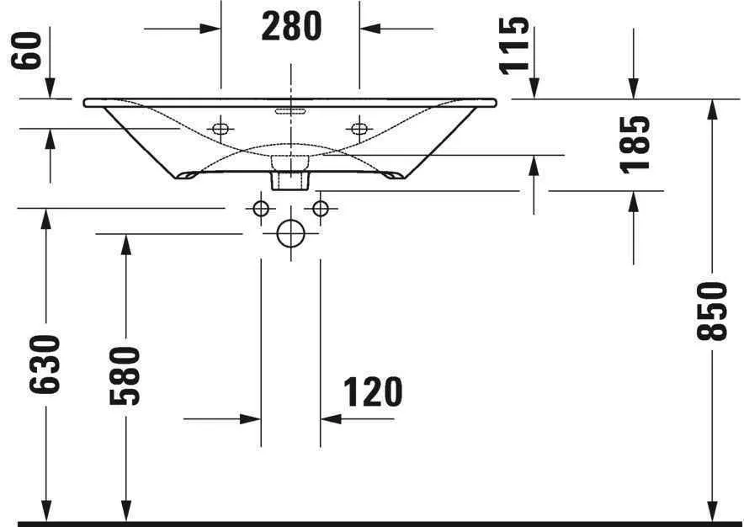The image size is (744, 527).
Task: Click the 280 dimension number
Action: pyautogui.click(x=291, y=27)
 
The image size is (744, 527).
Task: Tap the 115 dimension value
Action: pyautogui.click(x=516, y=46)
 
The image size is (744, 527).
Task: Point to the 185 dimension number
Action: pyautogui.click(x=637, y=143)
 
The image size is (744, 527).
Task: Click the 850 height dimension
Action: pyautogui.click(x=713, y=311)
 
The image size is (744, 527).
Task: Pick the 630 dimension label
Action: pyautogui.click(x=46, y=364)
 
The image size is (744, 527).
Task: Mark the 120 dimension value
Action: pyautogui.click(x=373, y=391)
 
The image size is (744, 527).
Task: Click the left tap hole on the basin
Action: pyautogui.click(x=221, y=129)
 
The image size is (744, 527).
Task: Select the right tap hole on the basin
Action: pyautogui.click(x=359, y=129)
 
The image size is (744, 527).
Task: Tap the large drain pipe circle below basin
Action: pyautogui.click(x=290, y=233)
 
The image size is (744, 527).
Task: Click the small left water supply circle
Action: pyautogui.click(x=261, y=207)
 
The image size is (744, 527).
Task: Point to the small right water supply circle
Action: pyautogui.click(x=320, y=207)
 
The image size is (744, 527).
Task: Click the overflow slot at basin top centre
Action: pyautogui.click(x=290, y=109)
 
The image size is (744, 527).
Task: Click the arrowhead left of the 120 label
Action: pyautogui.click(x=251, y=418)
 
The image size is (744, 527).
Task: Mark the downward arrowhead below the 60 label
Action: pyautogui.click(x=50, y=89)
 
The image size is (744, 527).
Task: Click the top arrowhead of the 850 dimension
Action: pyautogui.click(x=713, y=108)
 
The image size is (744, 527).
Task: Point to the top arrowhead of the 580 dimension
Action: pyautogui.click(x=126, y=242)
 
